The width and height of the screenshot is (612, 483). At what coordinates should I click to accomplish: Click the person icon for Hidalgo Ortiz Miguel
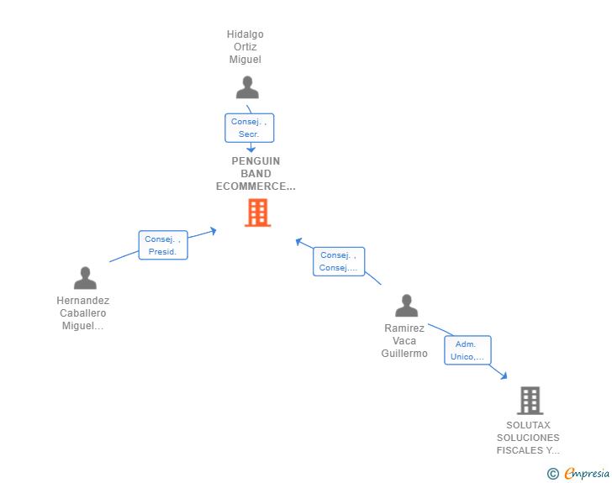pyautogui.click(x=247, y=88)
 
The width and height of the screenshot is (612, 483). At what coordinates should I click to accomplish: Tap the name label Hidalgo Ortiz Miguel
pyautogui.click(x=245, y=47)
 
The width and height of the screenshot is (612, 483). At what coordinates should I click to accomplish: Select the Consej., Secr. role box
pyautogui.click(x=249, y=128)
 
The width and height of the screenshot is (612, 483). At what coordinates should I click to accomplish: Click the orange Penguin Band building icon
pyautogui.click(x=257, y=213)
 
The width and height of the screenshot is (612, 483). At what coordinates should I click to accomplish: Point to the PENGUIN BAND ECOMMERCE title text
pyautogui.click(x=256, y=174)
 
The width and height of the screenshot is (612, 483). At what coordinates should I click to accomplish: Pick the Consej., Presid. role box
pyautogui.click(x=162, y=245)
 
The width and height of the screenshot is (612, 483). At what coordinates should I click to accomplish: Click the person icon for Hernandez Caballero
pyautogui.click(x=85, y=278)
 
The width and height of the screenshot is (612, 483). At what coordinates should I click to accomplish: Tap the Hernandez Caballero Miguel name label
pyautogui.click(x=82, y=313)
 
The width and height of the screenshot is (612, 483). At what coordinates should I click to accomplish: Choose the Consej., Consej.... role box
pyautogui.click(x=338, y=261)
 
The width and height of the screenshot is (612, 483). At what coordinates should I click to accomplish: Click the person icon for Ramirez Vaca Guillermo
pyautogui.click(x=407, y=306)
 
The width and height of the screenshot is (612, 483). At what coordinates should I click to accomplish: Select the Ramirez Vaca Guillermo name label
pyautogui.click(x=404, y=341)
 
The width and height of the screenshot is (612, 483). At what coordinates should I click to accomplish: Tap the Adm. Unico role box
pyautogui.click(x=467, y=350)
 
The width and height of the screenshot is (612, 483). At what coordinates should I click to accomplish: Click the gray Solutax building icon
pyautogui.click(x=530, y=401)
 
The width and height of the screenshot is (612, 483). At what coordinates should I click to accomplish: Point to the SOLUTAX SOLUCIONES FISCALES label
pyautogui.click(x=528, y=438)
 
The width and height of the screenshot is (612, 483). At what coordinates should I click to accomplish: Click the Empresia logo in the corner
pyautogui.click(x=587, y=474)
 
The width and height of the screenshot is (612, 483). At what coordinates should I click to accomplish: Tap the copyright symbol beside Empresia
pyautogui.click(x=552, y=474)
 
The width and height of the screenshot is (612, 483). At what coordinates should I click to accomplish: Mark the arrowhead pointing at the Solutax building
pyautogui.click(x=504, y=375)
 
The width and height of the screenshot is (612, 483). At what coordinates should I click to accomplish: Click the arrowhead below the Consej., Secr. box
pyautogui.click(x=251, y=149)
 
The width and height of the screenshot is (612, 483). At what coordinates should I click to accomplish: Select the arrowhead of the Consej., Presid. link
pyautogui.click(x=214, y=229)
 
